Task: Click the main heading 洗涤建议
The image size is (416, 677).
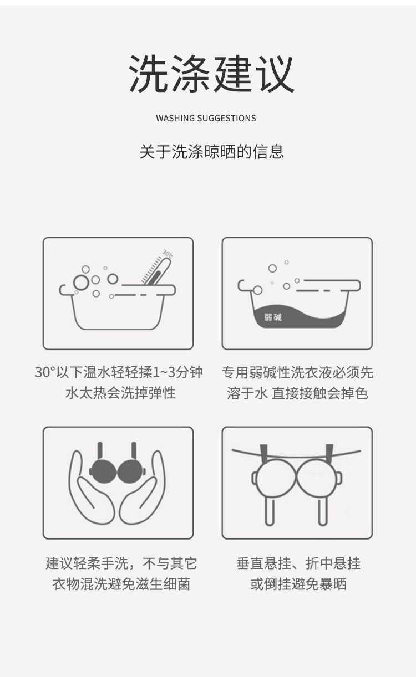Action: [211, 74]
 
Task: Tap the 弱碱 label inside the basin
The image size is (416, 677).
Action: [272, 317]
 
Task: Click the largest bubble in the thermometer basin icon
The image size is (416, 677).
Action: [81, 283]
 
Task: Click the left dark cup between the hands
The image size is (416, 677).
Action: [103, 471]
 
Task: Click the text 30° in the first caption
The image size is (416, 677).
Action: [44, 372]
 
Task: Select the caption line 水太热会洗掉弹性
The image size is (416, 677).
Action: [120, 393]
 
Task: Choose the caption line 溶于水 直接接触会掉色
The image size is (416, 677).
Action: [297, 393]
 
